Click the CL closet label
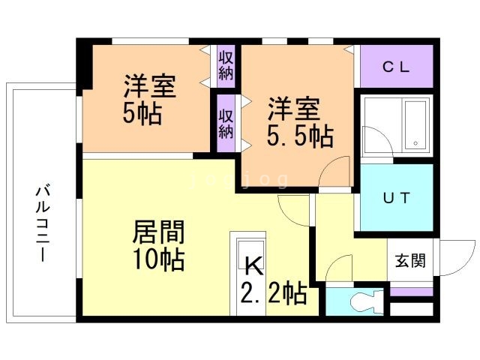(x=396, y=66)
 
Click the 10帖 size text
(x=159, y=259)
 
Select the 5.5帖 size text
(x=300, y=136)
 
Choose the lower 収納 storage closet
(x=226, y=122)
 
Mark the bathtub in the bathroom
(x=415, y=124)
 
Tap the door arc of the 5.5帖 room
(x=334, y=171)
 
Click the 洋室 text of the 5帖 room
(x=150, y=86)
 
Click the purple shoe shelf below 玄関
(x=412, y=291)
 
